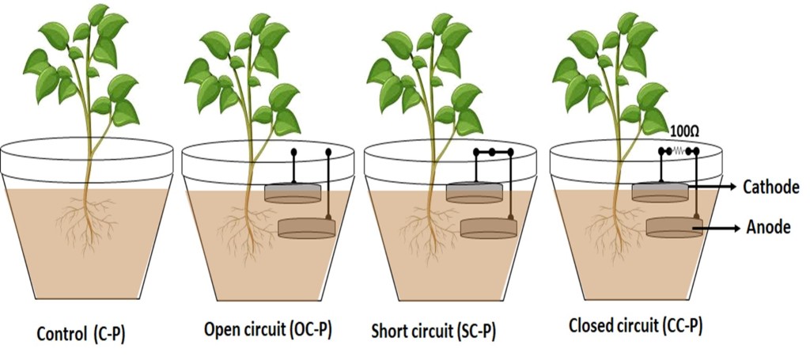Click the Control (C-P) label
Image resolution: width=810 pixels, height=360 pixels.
tap(81, 334)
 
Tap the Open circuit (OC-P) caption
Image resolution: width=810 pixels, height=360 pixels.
tap(267, 329)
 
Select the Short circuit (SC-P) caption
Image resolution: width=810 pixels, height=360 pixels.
tap(433, 331)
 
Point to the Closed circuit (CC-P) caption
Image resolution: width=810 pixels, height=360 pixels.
tap(636, 326)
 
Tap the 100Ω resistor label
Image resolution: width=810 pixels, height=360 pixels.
tap(684, 133)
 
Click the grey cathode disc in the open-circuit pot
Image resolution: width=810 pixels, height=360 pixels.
tap(293, 193)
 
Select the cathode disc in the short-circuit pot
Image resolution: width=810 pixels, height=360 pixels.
tap(474, 192)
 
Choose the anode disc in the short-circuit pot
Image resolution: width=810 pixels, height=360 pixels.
tap(489, 229)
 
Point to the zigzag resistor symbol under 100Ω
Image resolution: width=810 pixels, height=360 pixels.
tap(679, 151)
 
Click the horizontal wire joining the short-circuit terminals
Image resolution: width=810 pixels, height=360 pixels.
tap(493, 152)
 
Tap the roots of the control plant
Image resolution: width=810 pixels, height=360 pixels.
tap(88, 225)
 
